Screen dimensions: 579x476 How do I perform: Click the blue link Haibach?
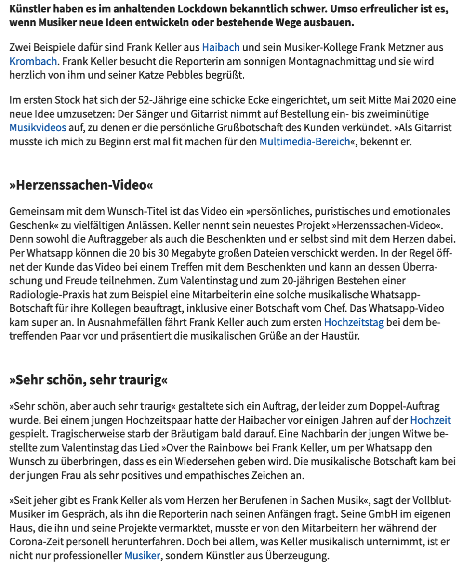point(221,47)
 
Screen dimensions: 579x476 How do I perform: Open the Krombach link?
point(33,61)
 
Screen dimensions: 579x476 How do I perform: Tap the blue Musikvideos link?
point(38,128)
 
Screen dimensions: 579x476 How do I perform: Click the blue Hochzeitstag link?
point(354,322)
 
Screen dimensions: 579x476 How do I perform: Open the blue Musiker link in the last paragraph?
point(142,555)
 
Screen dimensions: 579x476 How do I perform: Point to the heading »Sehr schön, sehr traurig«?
point(89,380)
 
